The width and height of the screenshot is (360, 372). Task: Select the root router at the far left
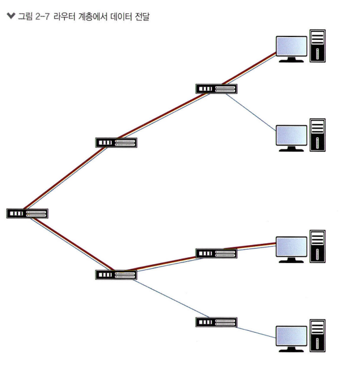pyautogui.click(x=27, y=213)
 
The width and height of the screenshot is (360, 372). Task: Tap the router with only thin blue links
pyautogui.click(x=216, y=322)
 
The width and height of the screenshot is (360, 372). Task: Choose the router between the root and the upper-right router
pyautogui.click(x=116, y=143)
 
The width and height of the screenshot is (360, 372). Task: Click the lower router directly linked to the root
pyautogui.click(x=116, y=274)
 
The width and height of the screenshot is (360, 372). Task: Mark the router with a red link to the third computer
pyautogui.click(x=216, y=253)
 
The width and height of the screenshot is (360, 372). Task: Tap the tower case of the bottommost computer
pyautogui.click(x=317, y=335)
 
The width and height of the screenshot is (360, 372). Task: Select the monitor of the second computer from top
pyautogui.click(x=291, y=135)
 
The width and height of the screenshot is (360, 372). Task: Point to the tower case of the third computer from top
pyautogui.click(x=317, y=246)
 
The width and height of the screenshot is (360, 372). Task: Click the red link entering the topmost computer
pyautogui.click(x=255, y=65)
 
